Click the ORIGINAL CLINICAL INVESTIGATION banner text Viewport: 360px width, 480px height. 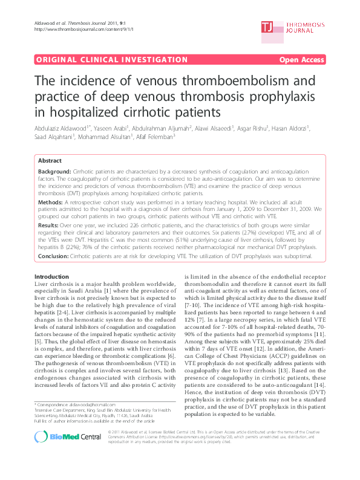coord(112,60)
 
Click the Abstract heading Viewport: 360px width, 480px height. coord(50,161)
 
